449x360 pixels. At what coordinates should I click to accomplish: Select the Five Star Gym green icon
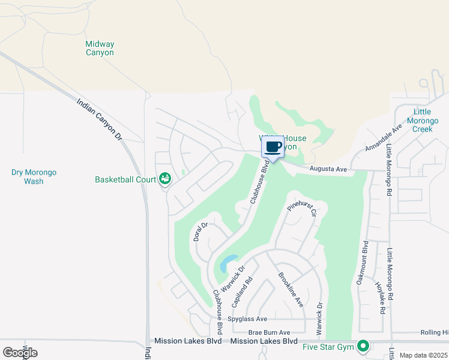pos(363,346)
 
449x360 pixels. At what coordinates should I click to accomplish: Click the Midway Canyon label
pos(100,48)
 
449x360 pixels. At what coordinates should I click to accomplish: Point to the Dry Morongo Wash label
pos(34,176)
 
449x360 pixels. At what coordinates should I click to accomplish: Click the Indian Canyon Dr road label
pos(100,120)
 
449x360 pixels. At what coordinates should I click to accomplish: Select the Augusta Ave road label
pos(328,170)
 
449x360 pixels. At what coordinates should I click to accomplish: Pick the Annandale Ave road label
pos(383,139)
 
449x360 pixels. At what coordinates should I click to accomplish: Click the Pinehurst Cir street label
pos(301,208)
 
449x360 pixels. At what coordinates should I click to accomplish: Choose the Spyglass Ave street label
pos(247,319)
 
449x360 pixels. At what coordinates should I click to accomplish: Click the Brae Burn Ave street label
pos(269,332)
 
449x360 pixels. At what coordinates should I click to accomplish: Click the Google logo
pos(20,353)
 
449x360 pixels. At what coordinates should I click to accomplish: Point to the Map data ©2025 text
pos(423,355)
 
